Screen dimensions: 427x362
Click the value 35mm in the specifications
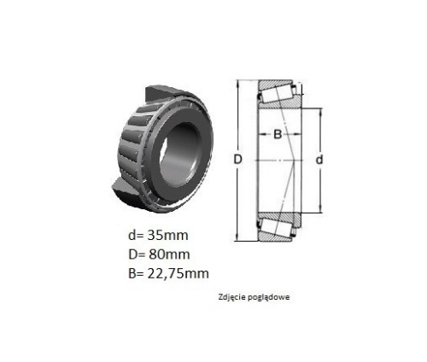point(167,236)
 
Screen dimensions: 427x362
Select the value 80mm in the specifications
point(169,254)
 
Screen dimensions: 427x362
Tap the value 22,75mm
point(178,274)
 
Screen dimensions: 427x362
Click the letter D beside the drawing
point(237,160)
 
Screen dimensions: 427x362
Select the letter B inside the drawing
point(278,134)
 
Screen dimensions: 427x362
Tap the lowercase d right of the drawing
point(319,160)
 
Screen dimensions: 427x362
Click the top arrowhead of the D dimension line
point(237,84)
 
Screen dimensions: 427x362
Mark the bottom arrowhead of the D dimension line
point(237,238)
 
